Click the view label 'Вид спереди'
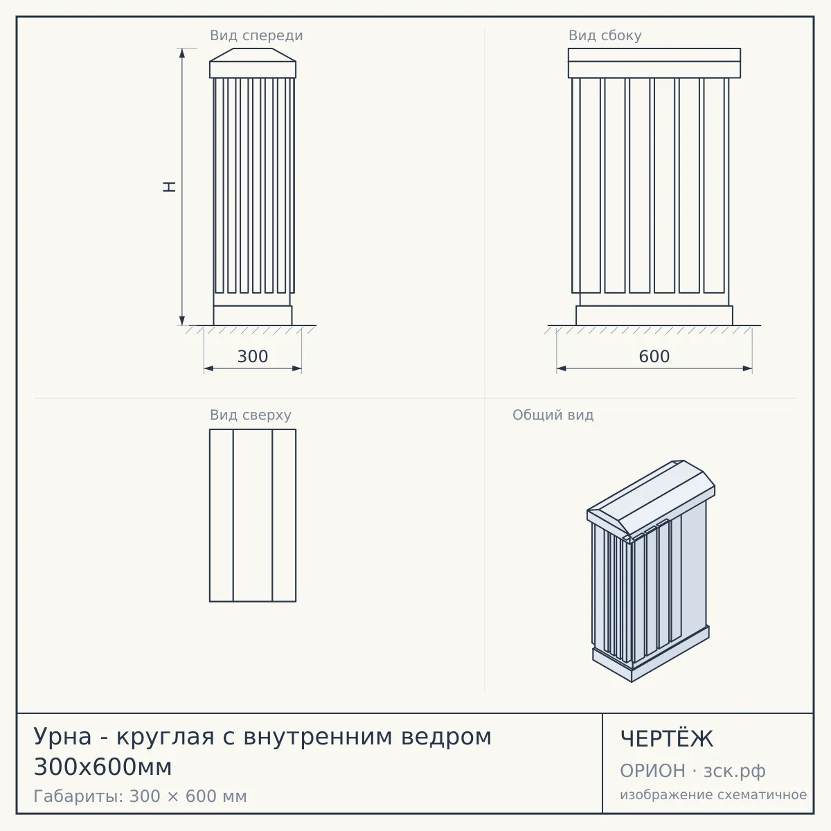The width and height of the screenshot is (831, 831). coord(256,35)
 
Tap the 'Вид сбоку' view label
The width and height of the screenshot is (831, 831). coord(605,35)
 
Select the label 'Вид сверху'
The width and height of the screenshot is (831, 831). coord(251,415)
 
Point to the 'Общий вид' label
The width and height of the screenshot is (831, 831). coord(553,415)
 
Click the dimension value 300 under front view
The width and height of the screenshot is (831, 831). coord(253,356)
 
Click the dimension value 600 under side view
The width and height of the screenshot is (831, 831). coord(654,356)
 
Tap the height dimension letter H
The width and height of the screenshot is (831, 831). coord(169,187)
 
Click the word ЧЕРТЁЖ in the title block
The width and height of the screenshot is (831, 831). coord(667,739)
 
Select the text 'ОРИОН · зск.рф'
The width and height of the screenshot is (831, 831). coord(692,771)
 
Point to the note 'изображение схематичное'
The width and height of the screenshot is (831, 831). coord(713,794)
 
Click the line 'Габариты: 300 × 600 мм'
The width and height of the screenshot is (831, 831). coord(140,796)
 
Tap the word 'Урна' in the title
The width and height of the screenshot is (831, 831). coord(62,737)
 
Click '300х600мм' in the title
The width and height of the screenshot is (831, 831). coord(102,767)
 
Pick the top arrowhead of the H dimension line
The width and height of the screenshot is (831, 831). coord(182,53)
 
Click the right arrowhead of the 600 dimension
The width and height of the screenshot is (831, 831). coord(747,368)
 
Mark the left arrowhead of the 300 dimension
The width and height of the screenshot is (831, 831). coord(208,368)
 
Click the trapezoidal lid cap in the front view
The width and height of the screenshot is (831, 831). coord(253,55)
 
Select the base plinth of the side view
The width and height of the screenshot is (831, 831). coord(654,315)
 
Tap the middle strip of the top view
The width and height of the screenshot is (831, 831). coord(253,515)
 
